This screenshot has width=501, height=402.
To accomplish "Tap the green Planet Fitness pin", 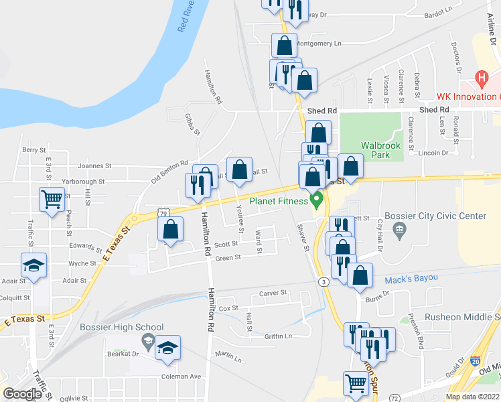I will coord(317,199).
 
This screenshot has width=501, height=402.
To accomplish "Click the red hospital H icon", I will coord(480,79).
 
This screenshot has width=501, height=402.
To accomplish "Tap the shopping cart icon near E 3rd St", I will coord(52,198).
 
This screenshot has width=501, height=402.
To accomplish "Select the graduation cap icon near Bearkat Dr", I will coord(167,348).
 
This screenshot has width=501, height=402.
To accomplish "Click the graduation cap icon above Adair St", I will coord(33,265).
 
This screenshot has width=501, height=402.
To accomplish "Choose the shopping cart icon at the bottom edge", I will coord(356,384).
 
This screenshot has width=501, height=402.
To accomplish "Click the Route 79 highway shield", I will coord(163,212).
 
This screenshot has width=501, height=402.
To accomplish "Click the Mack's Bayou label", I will coord(407,279).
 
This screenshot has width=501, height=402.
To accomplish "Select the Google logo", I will coord(22,394).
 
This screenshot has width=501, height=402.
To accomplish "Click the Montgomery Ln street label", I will coord(318,44).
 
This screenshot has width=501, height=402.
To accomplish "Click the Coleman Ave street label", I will coord(181,377).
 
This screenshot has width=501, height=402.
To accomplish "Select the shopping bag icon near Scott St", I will coord(171,228).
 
